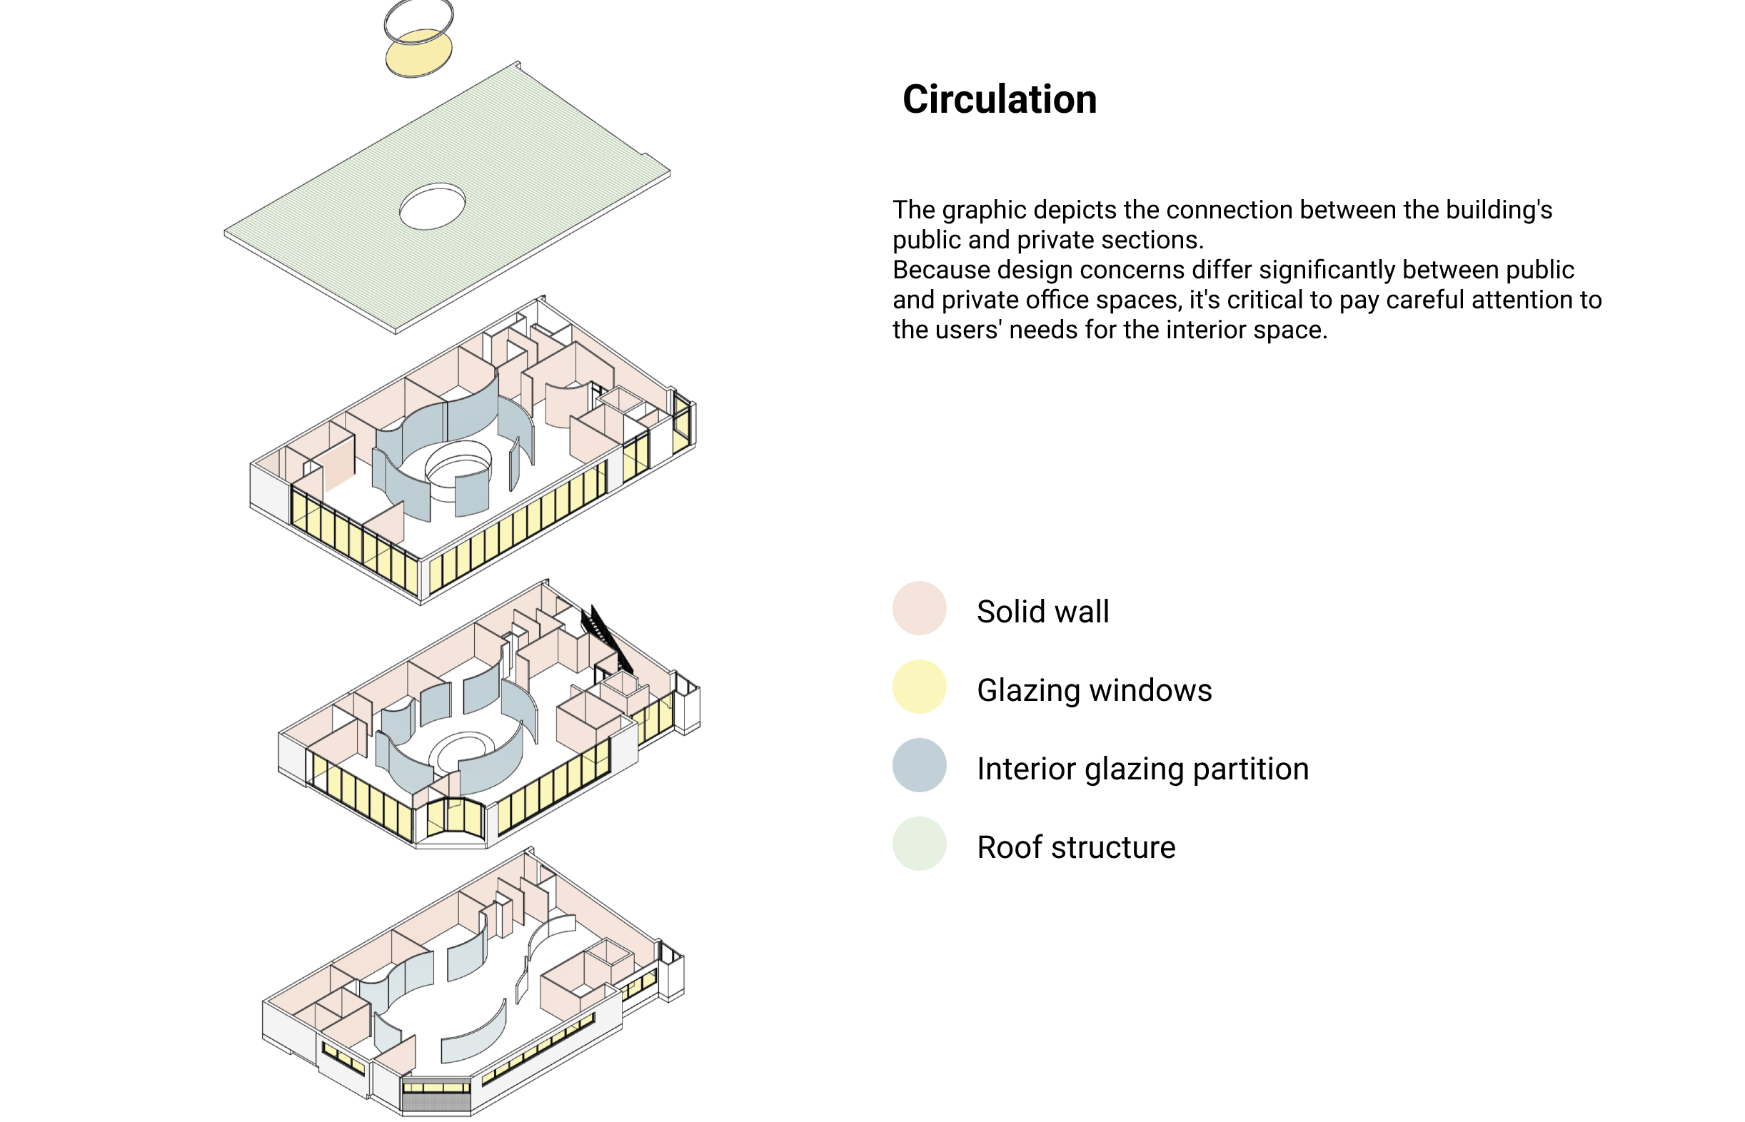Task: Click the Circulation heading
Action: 999,99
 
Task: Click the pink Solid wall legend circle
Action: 919,607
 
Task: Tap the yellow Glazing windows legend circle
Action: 919,687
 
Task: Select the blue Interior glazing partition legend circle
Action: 919,765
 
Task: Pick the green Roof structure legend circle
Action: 919,844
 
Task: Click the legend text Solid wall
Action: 1042,611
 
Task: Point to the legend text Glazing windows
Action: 1094,690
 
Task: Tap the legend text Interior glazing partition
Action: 1142,769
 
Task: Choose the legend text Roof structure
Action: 1075,847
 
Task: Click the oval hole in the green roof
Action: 432,206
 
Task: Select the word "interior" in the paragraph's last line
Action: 1200,330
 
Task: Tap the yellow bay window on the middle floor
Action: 456,817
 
